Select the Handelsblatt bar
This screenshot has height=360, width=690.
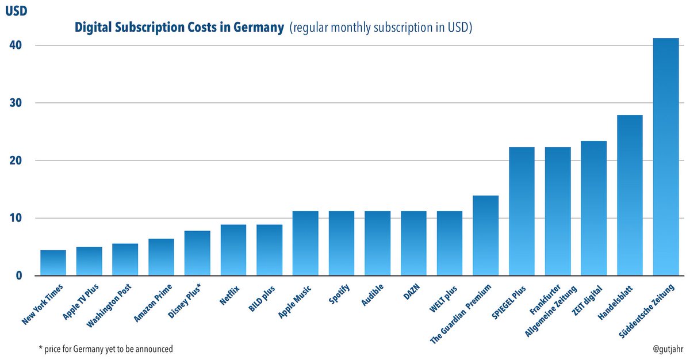click(x=630, y=196)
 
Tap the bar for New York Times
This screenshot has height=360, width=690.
click(x=53, y=263)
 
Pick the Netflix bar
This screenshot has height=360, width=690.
click(x=233, y=250)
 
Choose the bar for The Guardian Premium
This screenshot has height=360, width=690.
click(x=485, y=236)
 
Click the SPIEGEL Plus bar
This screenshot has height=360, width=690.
click(x=522, y=212)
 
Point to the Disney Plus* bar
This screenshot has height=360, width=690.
click(x=197, y=253)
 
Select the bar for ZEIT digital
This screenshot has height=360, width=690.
click(x=593, y=208)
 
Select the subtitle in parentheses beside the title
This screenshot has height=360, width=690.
click(x=381, y=28)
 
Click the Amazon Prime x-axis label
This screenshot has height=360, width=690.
click(x=154, y=304)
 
